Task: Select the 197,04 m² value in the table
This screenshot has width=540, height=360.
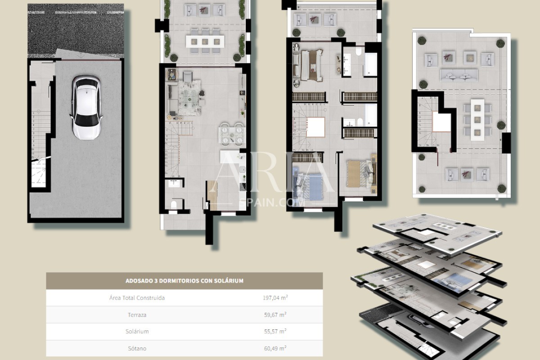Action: [x=275, y=298]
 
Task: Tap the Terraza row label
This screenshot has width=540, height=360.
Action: [x=137, y=315]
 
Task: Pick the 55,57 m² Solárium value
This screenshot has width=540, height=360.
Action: [x=275, y=331]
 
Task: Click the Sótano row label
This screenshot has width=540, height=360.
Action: [x=137, y=348]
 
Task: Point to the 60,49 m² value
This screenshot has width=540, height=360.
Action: [x=275, y=348]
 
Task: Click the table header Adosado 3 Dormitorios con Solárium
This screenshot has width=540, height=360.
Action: [x=184, y=281]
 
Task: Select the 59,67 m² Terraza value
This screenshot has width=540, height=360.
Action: [x=275, y=315]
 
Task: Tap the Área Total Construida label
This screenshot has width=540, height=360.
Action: [x=137, y=298]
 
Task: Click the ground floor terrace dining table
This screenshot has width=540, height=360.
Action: [x=205, y=41]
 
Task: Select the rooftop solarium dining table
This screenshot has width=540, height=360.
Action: [x=477, y=120]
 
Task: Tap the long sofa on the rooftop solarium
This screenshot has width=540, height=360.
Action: [x=459, y=76]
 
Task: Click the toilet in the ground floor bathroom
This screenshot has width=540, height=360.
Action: [x=174, y=205]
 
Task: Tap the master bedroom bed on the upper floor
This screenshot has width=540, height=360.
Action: [x=311, y=65]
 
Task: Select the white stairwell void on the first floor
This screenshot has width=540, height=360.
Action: [x=315, y=127]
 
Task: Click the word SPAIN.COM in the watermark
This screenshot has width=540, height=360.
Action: [x=272, y=202]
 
